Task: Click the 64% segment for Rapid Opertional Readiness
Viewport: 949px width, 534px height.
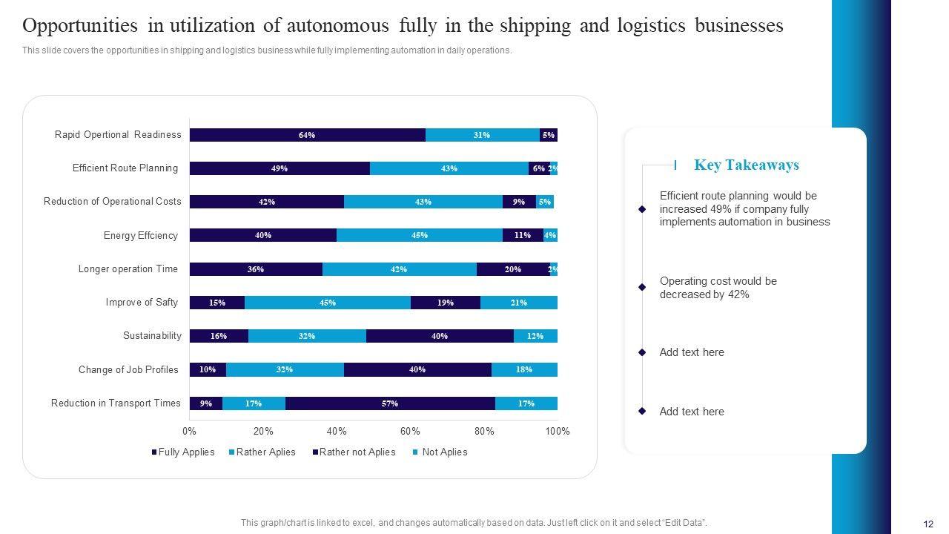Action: pos(307,135)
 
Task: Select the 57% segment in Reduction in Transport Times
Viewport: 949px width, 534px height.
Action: pos(390,403)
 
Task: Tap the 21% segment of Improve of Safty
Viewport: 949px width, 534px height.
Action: pos(518,303)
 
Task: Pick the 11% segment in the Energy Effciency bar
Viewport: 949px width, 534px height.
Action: pos(522,235)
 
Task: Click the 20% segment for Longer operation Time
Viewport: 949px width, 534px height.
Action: pos(512,269)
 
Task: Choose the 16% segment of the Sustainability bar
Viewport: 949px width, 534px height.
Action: pos(219,336)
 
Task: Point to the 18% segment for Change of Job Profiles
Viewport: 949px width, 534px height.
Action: pos(523,369)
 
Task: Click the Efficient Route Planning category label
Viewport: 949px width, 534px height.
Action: pos(125,168)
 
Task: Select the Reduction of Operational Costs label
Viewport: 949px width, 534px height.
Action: pos(112,201)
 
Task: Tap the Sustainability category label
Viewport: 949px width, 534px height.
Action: pos(152,336)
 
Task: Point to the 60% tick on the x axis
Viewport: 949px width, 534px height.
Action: pos(410,432)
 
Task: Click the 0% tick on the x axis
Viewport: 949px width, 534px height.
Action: pos(189,432)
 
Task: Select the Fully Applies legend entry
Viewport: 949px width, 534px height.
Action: pos(186,452)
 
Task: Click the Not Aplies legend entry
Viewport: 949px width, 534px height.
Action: pos(444,452)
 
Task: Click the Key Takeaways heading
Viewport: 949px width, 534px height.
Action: pos(746,165)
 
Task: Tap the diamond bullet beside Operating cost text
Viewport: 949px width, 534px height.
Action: pos(642,287)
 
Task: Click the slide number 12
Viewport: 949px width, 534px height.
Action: pos(927,522)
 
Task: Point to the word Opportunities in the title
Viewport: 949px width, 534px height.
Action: pos(80,26)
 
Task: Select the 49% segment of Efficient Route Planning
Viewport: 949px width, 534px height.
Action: pos(280,168)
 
